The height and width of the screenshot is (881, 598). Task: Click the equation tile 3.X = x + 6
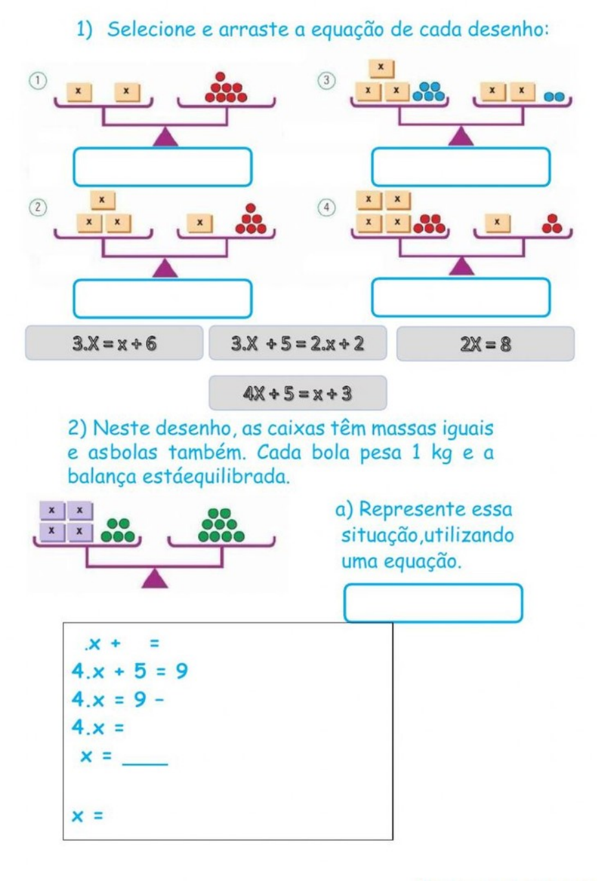point(114,343)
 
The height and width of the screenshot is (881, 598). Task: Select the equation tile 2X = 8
point(485,344)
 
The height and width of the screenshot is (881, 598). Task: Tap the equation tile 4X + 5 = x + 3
point(298,393)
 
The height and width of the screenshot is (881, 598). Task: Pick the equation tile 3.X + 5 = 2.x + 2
point(298,343)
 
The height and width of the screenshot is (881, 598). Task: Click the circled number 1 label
point(38,81)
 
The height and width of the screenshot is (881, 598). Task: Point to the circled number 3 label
point(326,81)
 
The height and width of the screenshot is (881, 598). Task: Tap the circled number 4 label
point(326,207)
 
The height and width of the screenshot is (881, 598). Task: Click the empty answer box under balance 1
point(162,167)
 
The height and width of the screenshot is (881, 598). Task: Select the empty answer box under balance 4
point(461,297)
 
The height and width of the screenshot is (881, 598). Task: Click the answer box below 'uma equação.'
point(433,603)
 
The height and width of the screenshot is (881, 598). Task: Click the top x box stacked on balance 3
point(381,69)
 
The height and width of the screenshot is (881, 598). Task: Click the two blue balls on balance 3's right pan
point(554,97)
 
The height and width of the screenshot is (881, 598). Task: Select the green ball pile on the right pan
point(221,525)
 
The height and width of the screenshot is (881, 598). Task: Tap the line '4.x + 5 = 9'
point(129,671)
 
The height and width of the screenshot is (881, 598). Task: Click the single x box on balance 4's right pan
point(497,223)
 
